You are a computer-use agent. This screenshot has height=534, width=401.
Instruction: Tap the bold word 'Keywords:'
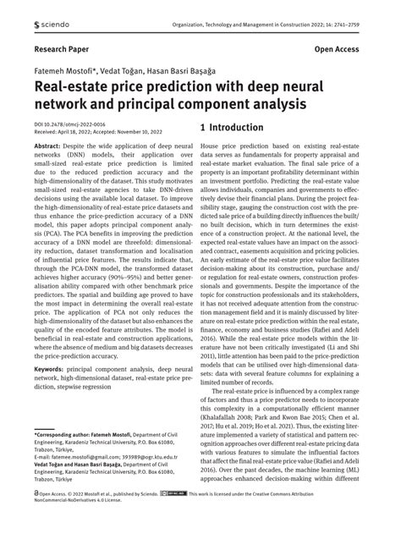coord(50,370)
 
